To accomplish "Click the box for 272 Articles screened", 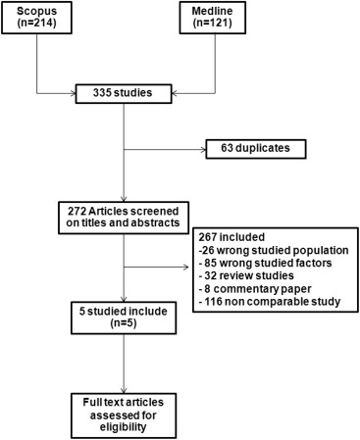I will (x=124, y=216).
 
